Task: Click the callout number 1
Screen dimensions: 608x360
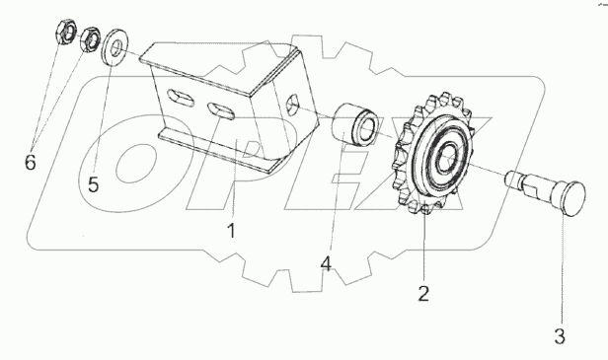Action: (231, 232)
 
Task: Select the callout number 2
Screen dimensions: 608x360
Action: (423, 293)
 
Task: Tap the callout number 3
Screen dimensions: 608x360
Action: (560, 336)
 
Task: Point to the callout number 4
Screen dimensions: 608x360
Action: (326, 264)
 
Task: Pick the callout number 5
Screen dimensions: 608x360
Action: (94, 184)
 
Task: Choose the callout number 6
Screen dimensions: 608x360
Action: (31, 162)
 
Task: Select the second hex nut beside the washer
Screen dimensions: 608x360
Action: (90, 38)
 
